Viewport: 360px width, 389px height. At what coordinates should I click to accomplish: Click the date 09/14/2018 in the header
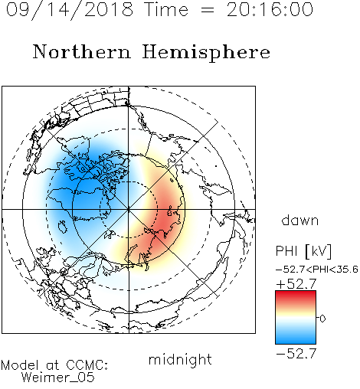[x=70, y=10]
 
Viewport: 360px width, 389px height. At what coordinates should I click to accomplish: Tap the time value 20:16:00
[x=270, y=9]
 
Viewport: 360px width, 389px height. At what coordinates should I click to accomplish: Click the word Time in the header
[x=166, y=9]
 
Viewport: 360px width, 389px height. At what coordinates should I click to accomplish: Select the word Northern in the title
[x=82, y=51]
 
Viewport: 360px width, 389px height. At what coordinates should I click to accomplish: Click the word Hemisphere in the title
[x=206, y=53]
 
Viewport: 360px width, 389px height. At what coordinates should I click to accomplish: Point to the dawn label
[x=300, y=220]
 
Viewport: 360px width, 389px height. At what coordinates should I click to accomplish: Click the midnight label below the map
[x=180, y=359]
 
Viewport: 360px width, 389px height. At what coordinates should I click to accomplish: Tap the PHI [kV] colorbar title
[x=303, y=251]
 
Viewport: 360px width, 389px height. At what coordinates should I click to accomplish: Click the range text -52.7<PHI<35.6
[x=317, y=270]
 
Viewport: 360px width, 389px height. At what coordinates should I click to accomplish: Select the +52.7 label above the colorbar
[x=296, y=283]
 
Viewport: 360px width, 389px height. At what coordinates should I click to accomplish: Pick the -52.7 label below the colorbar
[x=296, y=354]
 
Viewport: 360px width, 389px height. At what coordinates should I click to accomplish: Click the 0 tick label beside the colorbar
[x=322, y=319]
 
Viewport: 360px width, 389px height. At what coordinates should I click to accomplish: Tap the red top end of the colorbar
[x=296, y=293]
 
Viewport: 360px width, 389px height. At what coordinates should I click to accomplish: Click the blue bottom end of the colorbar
[x=296, y=342]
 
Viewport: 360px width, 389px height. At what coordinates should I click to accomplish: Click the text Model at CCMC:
[x=54, y=365]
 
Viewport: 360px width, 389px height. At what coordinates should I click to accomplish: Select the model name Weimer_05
[x=58, y=378]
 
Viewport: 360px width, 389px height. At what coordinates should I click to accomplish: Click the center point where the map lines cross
[x=129, y=209]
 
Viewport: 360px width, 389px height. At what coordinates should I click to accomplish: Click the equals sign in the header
[x=208, y=10]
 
